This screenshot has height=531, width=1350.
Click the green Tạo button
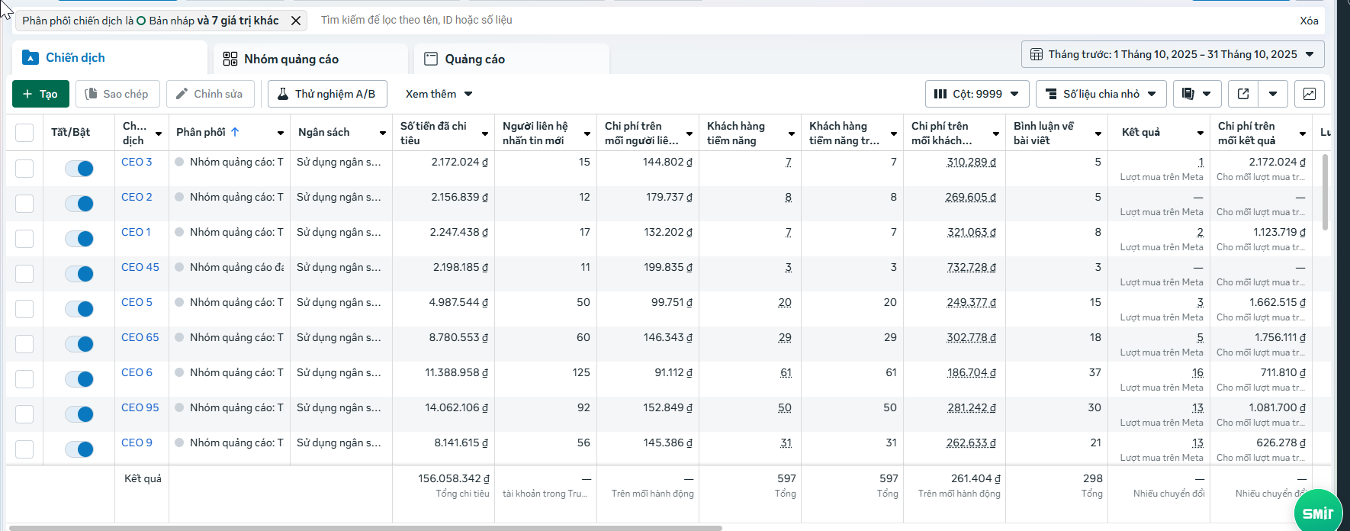(x=40, y=94)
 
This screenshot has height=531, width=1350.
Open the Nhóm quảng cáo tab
(x=291, y=59)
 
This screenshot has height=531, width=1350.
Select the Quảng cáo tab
(x=474, y=59)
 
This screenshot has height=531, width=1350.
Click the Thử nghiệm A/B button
(x=326, y=94)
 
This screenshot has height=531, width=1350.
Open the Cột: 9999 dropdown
(x=976, y=94)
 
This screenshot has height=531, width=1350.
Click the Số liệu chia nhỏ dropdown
(x=1101, y=94)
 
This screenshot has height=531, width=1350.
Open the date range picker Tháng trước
(x=1172, y=54)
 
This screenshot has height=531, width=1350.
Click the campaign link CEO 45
(x=140, y=267)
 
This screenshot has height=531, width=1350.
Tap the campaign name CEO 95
(x=140, y=407)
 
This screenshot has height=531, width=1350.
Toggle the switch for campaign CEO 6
(x=79, y=379)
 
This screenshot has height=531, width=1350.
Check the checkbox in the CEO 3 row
(x=24, y=168)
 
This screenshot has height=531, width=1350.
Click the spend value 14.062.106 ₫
(x=456, y=407)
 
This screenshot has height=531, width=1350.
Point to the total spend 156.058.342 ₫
(x=453, y=478)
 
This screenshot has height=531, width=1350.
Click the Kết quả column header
(x=1141, y=132)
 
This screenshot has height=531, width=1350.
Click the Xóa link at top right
(x=1309, y=21)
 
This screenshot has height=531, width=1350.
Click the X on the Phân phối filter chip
(x=296, y=21)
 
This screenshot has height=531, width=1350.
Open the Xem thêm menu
(x=439, y=94)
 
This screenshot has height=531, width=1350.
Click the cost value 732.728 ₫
(x=971, y=267)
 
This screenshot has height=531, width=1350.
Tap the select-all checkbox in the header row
(x=24, y=133)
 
